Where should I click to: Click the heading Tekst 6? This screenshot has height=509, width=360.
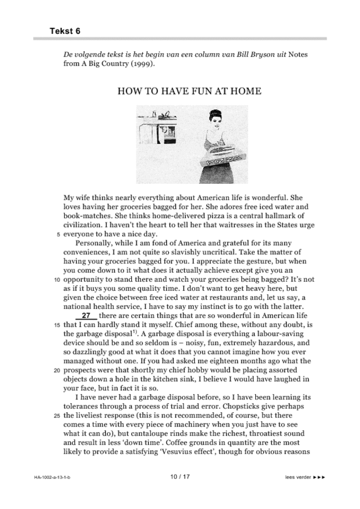pos(65,31)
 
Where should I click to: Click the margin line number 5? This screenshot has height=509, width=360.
pos(58,234)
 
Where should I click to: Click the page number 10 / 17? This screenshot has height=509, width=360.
pos(180,477)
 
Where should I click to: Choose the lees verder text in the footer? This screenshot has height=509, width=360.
pos(298,477)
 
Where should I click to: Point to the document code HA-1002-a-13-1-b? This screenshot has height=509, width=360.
pos(55,477)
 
